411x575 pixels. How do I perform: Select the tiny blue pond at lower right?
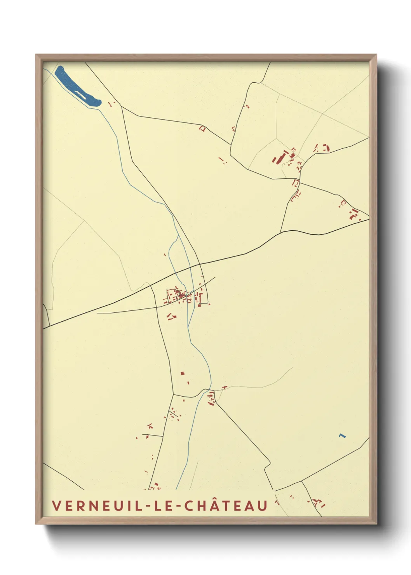coord(342,436)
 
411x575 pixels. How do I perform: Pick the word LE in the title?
coord(163,505)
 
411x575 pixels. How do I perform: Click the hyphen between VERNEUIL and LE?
coord(146,506)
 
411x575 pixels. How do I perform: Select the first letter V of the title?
coord(56,505)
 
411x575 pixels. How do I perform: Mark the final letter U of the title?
coord(263,505)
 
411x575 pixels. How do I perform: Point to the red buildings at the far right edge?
coord(354,214)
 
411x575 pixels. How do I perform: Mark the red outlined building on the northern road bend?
coord(202,128)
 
